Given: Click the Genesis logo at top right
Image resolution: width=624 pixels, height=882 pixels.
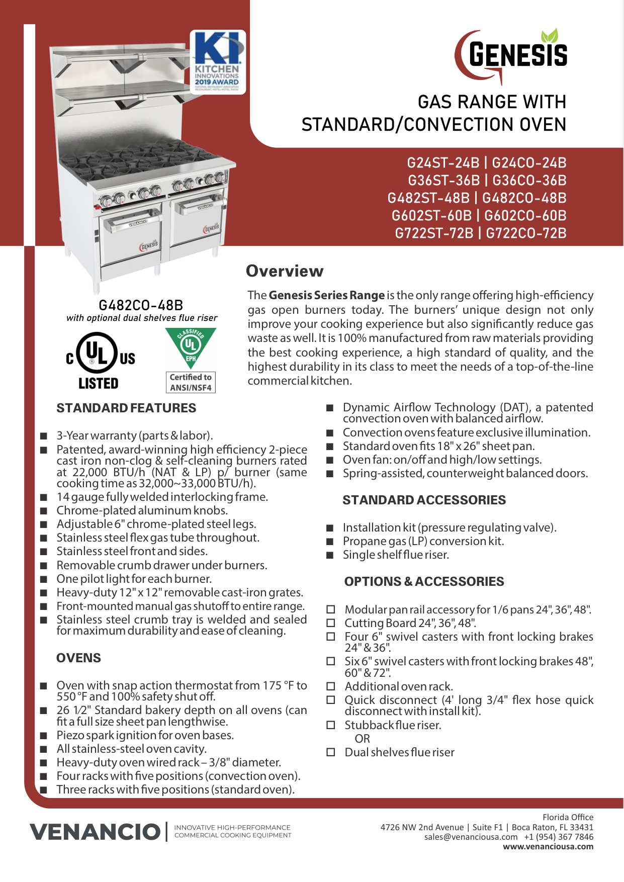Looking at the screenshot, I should [x=512, y=55].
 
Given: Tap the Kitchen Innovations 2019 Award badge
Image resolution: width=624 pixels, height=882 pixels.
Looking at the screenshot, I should [x=217, y=61].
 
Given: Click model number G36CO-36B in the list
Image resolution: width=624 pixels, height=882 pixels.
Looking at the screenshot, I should [x=529, y=181].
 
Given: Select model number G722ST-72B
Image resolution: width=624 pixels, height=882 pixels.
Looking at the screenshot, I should [x=434, y=233].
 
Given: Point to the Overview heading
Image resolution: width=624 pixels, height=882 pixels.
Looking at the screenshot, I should [x=285, y=271].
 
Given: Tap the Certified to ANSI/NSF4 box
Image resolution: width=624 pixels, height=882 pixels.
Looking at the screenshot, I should [x=191, y=382].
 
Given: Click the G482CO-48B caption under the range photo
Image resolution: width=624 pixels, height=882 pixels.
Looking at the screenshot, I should [x=141, y=305].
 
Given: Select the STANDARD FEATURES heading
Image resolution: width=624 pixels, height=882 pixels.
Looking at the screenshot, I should [x=126, y=408].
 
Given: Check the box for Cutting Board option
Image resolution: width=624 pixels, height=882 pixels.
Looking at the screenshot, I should [x=331, y=623].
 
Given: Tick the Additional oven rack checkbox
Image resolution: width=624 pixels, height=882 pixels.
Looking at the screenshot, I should [x=331, y=686].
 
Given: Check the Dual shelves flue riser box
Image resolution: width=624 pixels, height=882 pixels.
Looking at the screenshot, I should [x=331, y=752].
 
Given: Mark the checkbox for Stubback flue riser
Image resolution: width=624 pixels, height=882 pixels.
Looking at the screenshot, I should [x=331, y=725].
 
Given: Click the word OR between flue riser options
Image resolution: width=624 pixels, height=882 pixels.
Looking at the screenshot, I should [x=362, y=739].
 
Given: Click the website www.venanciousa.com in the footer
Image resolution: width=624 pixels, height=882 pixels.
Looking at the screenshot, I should [x=548, y=846].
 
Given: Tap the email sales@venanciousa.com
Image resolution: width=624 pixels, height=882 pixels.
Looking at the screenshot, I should [x=471, y=837].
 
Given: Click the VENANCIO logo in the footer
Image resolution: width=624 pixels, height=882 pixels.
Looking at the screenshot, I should [x=95, y=832].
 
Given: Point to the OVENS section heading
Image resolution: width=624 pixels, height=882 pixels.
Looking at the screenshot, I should [x=78, y=658].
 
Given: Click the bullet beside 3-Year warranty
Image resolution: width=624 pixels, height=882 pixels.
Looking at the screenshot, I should [x=44, y=435].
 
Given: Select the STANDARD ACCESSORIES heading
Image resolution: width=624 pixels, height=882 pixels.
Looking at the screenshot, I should [x=424, y=500].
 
